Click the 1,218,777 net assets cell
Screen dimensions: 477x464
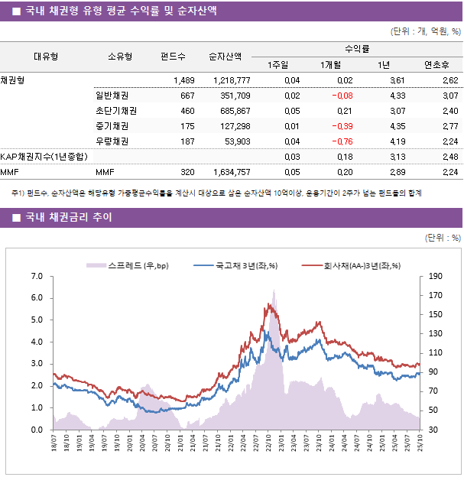coord(229,80)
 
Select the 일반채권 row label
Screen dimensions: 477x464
coord(112,96)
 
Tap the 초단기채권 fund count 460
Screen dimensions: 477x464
coord(187,111)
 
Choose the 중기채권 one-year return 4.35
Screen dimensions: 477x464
coord(397,126)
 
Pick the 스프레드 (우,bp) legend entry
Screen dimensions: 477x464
coord(126,265)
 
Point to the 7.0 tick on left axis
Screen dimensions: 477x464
coord(36,276)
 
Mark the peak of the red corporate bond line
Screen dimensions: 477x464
coord(268,304)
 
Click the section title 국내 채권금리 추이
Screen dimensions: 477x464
coord(67,218)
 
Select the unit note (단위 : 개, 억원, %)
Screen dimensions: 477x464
coord(425,31)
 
